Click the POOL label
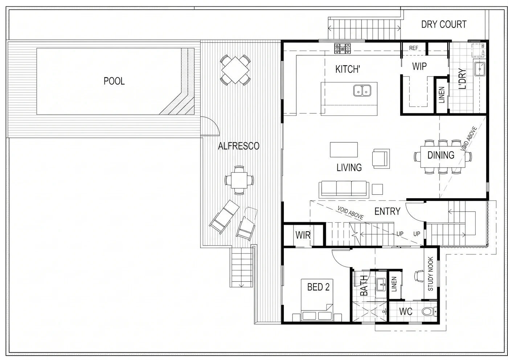(114, 81)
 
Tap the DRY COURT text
(444, 24)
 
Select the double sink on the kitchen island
(362, 90)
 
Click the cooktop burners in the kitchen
(342, 49)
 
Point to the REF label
(414, 48)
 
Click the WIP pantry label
(419, 66)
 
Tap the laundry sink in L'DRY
(480, 69)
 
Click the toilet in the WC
(429, 311)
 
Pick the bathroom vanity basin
(381, 285)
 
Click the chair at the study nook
(419, 276)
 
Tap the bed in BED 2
(317, 300)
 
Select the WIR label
(303, 235)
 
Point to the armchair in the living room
(381, 158)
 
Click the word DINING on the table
(441, 155)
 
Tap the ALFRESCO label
(239, 146)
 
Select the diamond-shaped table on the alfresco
(235, 70)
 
